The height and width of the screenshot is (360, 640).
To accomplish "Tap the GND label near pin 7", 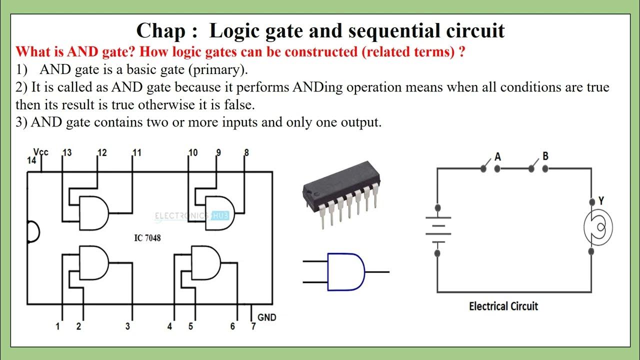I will click(266, 317).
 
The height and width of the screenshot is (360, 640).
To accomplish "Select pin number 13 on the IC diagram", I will click(66, 153).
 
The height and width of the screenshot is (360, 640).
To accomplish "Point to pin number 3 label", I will click(127, 326).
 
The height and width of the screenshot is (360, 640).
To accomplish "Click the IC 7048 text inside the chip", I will click(147, 238).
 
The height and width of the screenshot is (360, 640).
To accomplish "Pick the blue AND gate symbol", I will click(345, 271).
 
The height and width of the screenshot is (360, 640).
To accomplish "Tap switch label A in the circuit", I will click(497, 156).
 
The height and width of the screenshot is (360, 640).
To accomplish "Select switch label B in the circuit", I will click(545, 156).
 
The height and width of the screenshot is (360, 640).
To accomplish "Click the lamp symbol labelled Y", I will click(598, 227).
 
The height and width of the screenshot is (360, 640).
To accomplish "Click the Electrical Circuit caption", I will click(503, 306).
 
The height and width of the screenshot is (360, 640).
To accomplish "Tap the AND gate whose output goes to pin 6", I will click(205, 261).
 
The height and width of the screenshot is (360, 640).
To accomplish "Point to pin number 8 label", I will click(246, 153).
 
